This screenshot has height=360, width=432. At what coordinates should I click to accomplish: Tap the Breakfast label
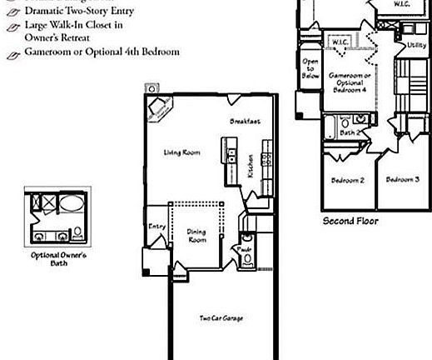pyautogui.click(x=246, y=122)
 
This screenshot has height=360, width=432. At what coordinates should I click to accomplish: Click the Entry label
pyautogui.click(x=156, y=226)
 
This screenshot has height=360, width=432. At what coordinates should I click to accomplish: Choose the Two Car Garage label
pyautogui.click(x=221, y=318)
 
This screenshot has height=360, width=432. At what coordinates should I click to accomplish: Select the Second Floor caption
pyautogui.click(x=350, y=222)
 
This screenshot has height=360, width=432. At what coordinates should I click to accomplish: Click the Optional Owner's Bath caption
pyautogui.click(x=58, y=259)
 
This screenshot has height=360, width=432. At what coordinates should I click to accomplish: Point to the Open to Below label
pyautogui.click(x=310, y=68)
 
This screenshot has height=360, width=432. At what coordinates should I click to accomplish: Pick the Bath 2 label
pyautogui.click(x=350, y=132)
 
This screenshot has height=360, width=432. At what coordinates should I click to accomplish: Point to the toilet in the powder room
pyautogui.click(x=246, y=259)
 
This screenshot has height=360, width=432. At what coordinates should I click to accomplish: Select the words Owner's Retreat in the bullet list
pyautogui.click(x=55, y=37)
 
